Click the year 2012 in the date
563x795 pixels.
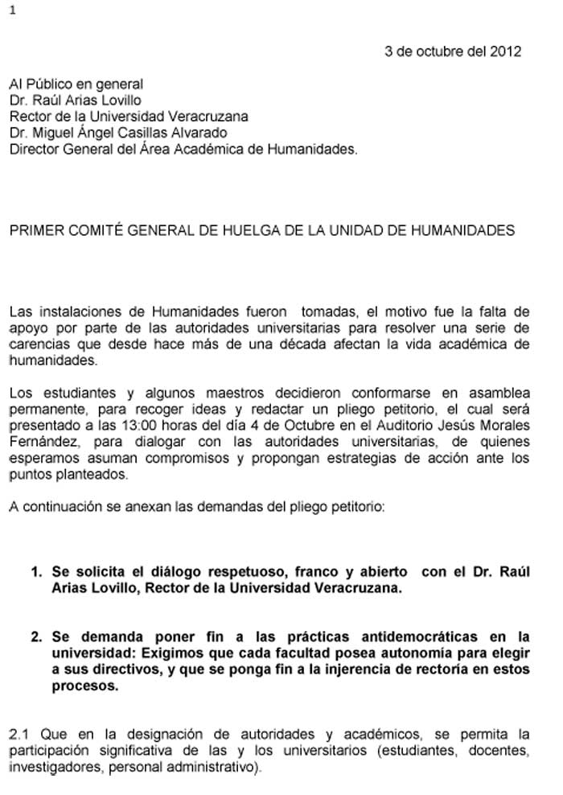[506, 51]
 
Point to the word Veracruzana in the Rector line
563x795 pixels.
[205, 117]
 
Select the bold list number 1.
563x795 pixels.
[35, 572]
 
